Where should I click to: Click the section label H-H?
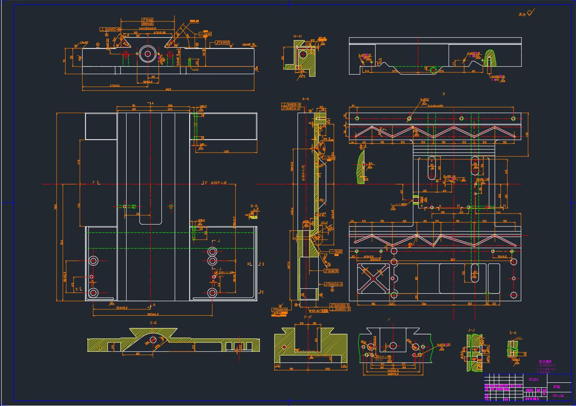(298, 36)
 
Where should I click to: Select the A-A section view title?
(305, 99)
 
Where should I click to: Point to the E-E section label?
(154, 323)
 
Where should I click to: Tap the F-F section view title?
(308, 317)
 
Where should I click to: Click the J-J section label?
(471, 330)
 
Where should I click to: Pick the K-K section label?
(513, 333)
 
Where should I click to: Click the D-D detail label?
(254, 206)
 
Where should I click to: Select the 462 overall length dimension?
(168, 89)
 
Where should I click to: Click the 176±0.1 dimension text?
(115, 86)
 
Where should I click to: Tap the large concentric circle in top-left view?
(147, 53)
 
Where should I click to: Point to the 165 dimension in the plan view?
(226, 152)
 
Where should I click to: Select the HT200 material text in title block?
(533, 379)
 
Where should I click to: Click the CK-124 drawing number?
(558, 396)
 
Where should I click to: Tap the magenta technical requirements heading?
(545, 362)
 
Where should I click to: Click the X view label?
(444, 94)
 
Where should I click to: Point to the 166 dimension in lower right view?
(424, 304)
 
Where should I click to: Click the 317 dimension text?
(452, 260)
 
